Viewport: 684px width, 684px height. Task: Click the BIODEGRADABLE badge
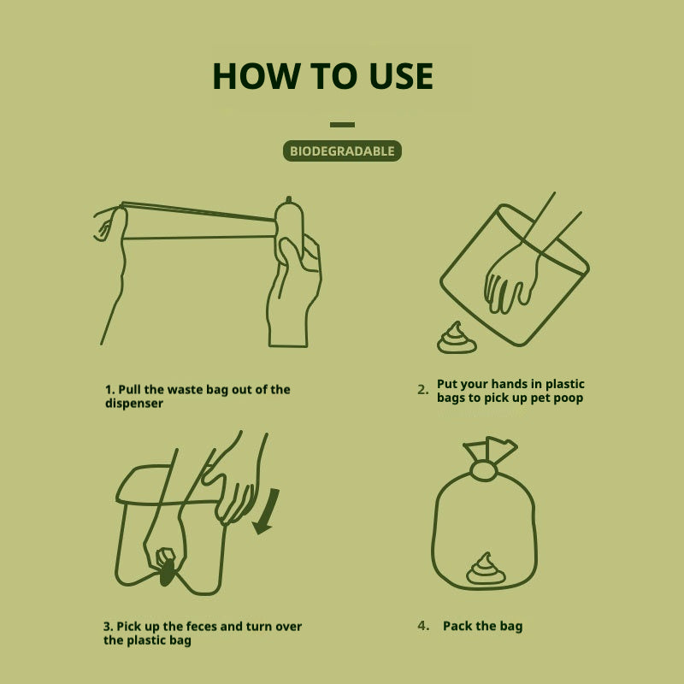(x=342, y=151)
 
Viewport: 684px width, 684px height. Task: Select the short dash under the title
(x=342, y=125)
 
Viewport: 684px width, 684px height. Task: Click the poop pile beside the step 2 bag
(x=457, y=339)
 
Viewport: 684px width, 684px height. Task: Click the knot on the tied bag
(x=484, y=470)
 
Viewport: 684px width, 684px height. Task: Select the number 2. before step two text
(x=422, y=389)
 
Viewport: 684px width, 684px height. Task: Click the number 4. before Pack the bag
(x=422, y=626)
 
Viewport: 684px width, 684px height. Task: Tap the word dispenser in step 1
(x=134, y=403)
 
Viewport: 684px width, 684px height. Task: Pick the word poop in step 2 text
(x=566, y=398)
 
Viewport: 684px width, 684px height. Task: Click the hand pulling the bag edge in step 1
(x=109, y=224)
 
